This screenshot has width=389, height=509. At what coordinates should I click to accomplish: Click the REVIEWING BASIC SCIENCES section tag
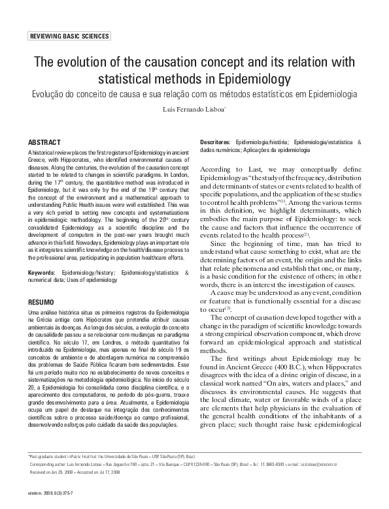click(69, 37)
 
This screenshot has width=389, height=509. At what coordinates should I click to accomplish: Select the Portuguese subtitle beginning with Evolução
click(194, 95)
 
